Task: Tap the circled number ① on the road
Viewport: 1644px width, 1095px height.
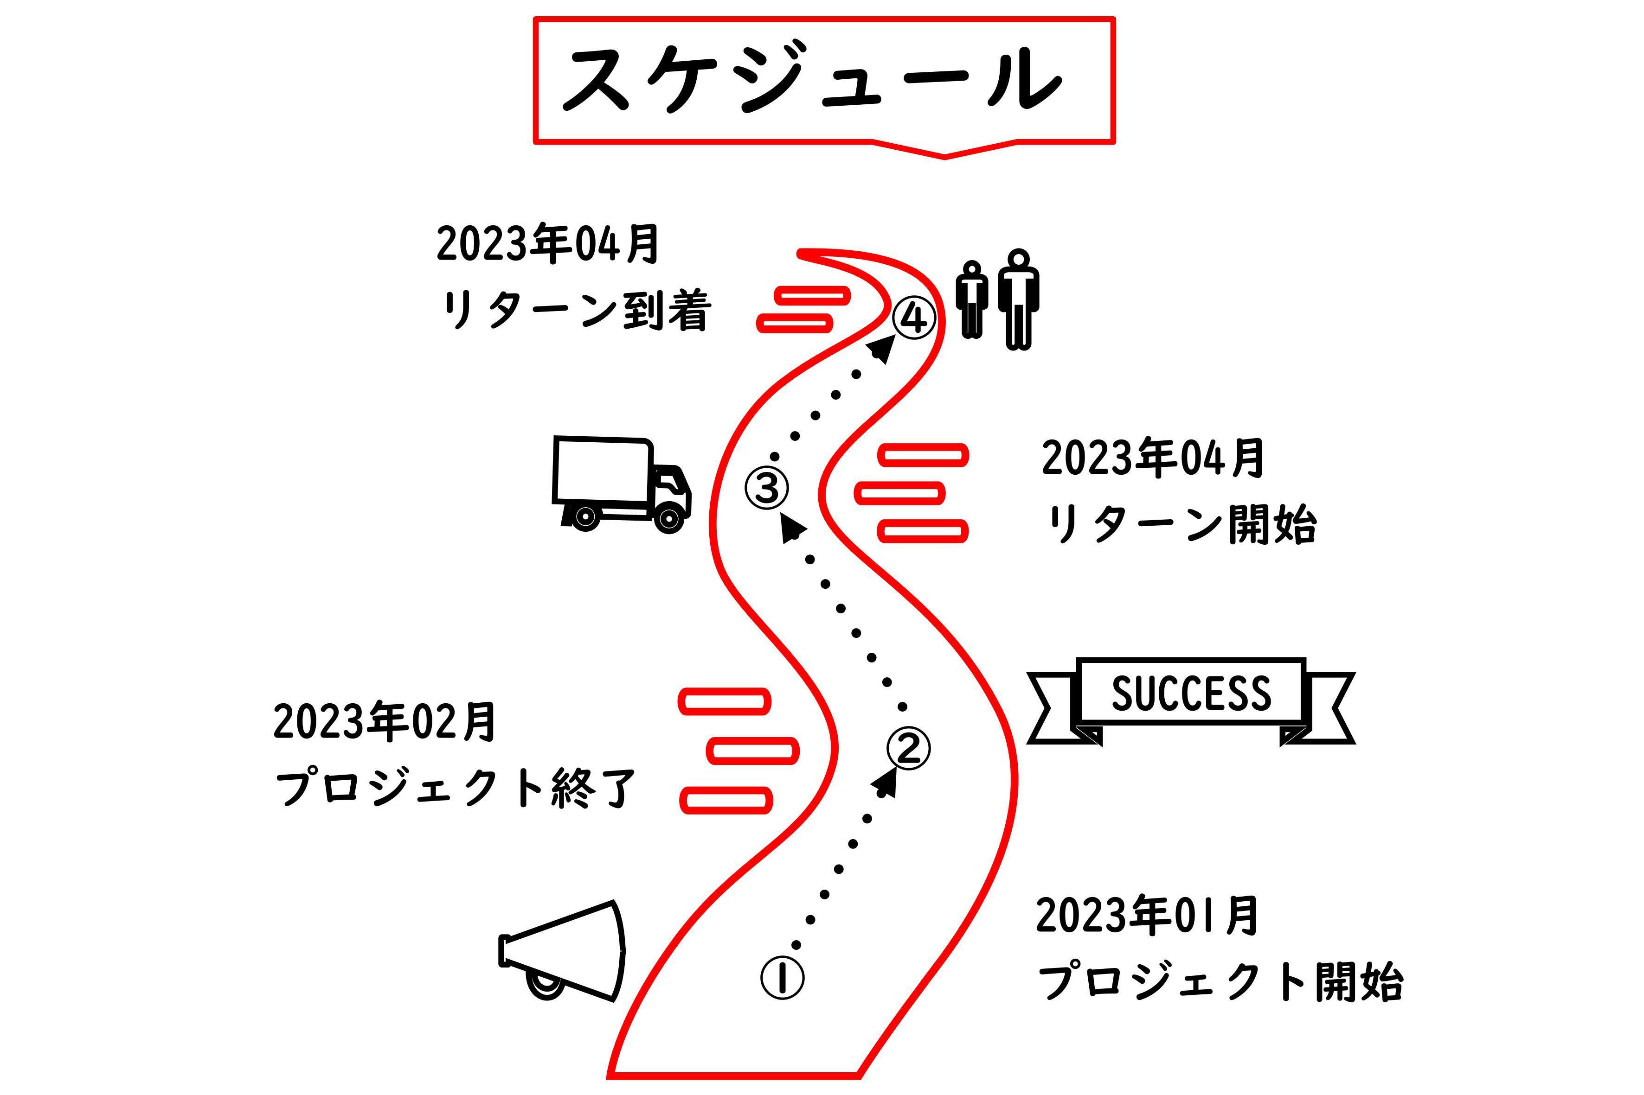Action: (x=782, y=978)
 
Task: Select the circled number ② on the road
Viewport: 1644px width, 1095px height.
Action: (x=908, y=749)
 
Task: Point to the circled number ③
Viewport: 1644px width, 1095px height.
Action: (x=766, y=487)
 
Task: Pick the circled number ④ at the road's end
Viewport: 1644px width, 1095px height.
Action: (x=914, y=318)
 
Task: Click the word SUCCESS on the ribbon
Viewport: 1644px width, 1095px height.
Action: (x=1191, y=694)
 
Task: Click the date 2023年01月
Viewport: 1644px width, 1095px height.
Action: (x=1147, y=916)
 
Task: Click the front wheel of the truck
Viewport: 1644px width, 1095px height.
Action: (x=668, y=518)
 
